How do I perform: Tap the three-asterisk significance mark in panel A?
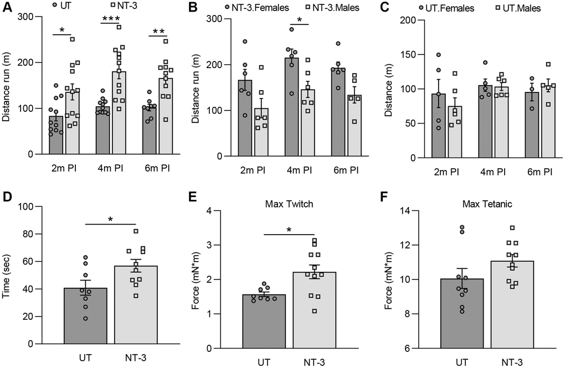(x=111, y=19)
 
